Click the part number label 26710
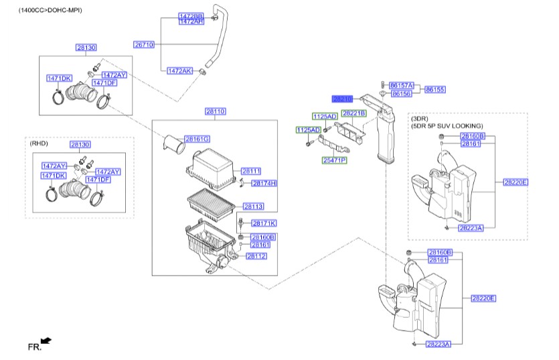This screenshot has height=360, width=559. pos(144,44)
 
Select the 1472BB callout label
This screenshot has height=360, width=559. pos(191,15)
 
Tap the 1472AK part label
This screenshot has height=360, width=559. pos(179,70)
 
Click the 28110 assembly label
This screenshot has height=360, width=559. pos(215,111)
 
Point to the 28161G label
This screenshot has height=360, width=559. pos(197,139)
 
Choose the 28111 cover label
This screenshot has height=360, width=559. pos(250,171)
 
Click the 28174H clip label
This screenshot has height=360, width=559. pos(264,183)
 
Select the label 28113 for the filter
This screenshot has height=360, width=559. pos(253,206)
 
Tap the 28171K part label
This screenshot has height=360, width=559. pos(264,223)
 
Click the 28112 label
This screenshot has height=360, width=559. pos(256,255)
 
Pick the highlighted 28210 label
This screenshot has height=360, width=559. pos(343,99)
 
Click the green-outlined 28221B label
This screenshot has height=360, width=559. pos(353,113)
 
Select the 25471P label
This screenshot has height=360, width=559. pos(334,160)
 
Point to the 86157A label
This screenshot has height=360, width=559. pos(402,86)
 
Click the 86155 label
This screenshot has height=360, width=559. pos(435,89)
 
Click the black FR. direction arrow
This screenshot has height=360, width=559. pos(46,341)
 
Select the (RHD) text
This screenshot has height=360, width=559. pos(39,143)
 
